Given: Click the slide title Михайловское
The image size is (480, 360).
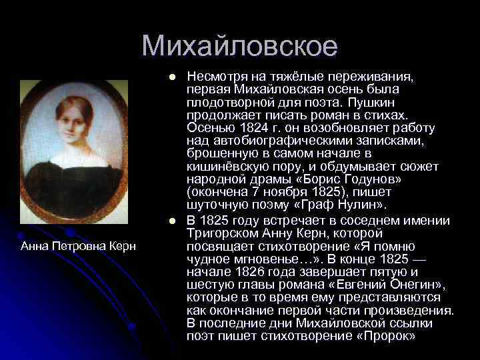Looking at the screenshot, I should pos(239,46).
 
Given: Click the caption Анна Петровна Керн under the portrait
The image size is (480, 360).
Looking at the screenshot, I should pos(79,247).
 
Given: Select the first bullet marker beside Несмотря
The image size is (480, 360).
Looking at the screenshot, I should pos(172,77).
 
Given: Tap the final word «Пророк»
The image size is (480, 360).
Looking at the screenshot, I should pos(387,335).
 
